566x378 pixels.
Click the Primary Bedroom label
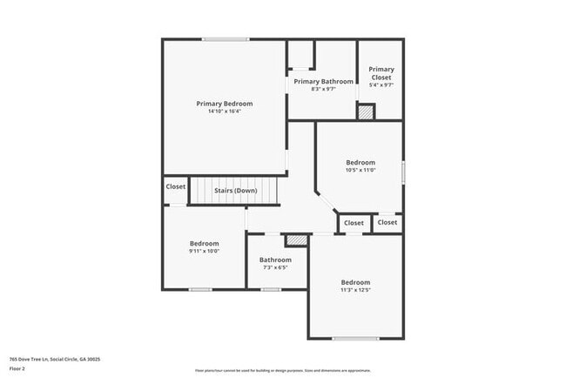pos(224,104)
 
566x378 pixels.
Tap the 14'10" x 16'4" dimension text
pos(224,111)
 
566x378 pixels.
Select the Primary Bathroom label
pos(323,82)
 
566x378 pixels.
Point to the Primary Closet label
pos(381,73)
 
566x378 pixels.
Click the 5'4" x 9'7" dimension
pos(381,85)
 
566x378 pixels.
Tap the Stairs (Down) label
pos(235,190)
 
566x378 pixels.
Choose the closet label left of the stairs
pos(176,186)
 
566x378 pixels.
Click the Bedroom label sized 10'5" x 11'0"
pos(360,162)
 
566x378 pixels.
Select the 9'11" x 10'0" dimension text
pos(205,251)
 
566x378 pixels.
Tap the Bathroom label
pos(275,260)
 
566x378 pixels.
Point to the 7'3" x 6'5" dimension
pos(275,267)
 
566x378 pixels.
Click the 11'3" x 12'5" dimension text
pos(355,290)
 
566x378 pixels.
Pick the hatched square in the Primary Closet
pos(367,111)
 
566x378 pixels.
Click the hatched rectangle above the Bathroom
pos(297,239)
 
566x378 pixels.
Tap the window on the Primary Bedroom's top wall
pos(226,39)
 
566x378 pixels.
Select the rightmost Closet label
pos(387,222)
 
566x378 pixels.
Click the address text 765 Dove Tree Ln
pos(55,359)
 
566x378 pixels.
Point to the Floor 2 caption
pos(18,368)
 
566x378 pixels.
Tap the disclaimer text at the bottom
pos(282,370)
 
